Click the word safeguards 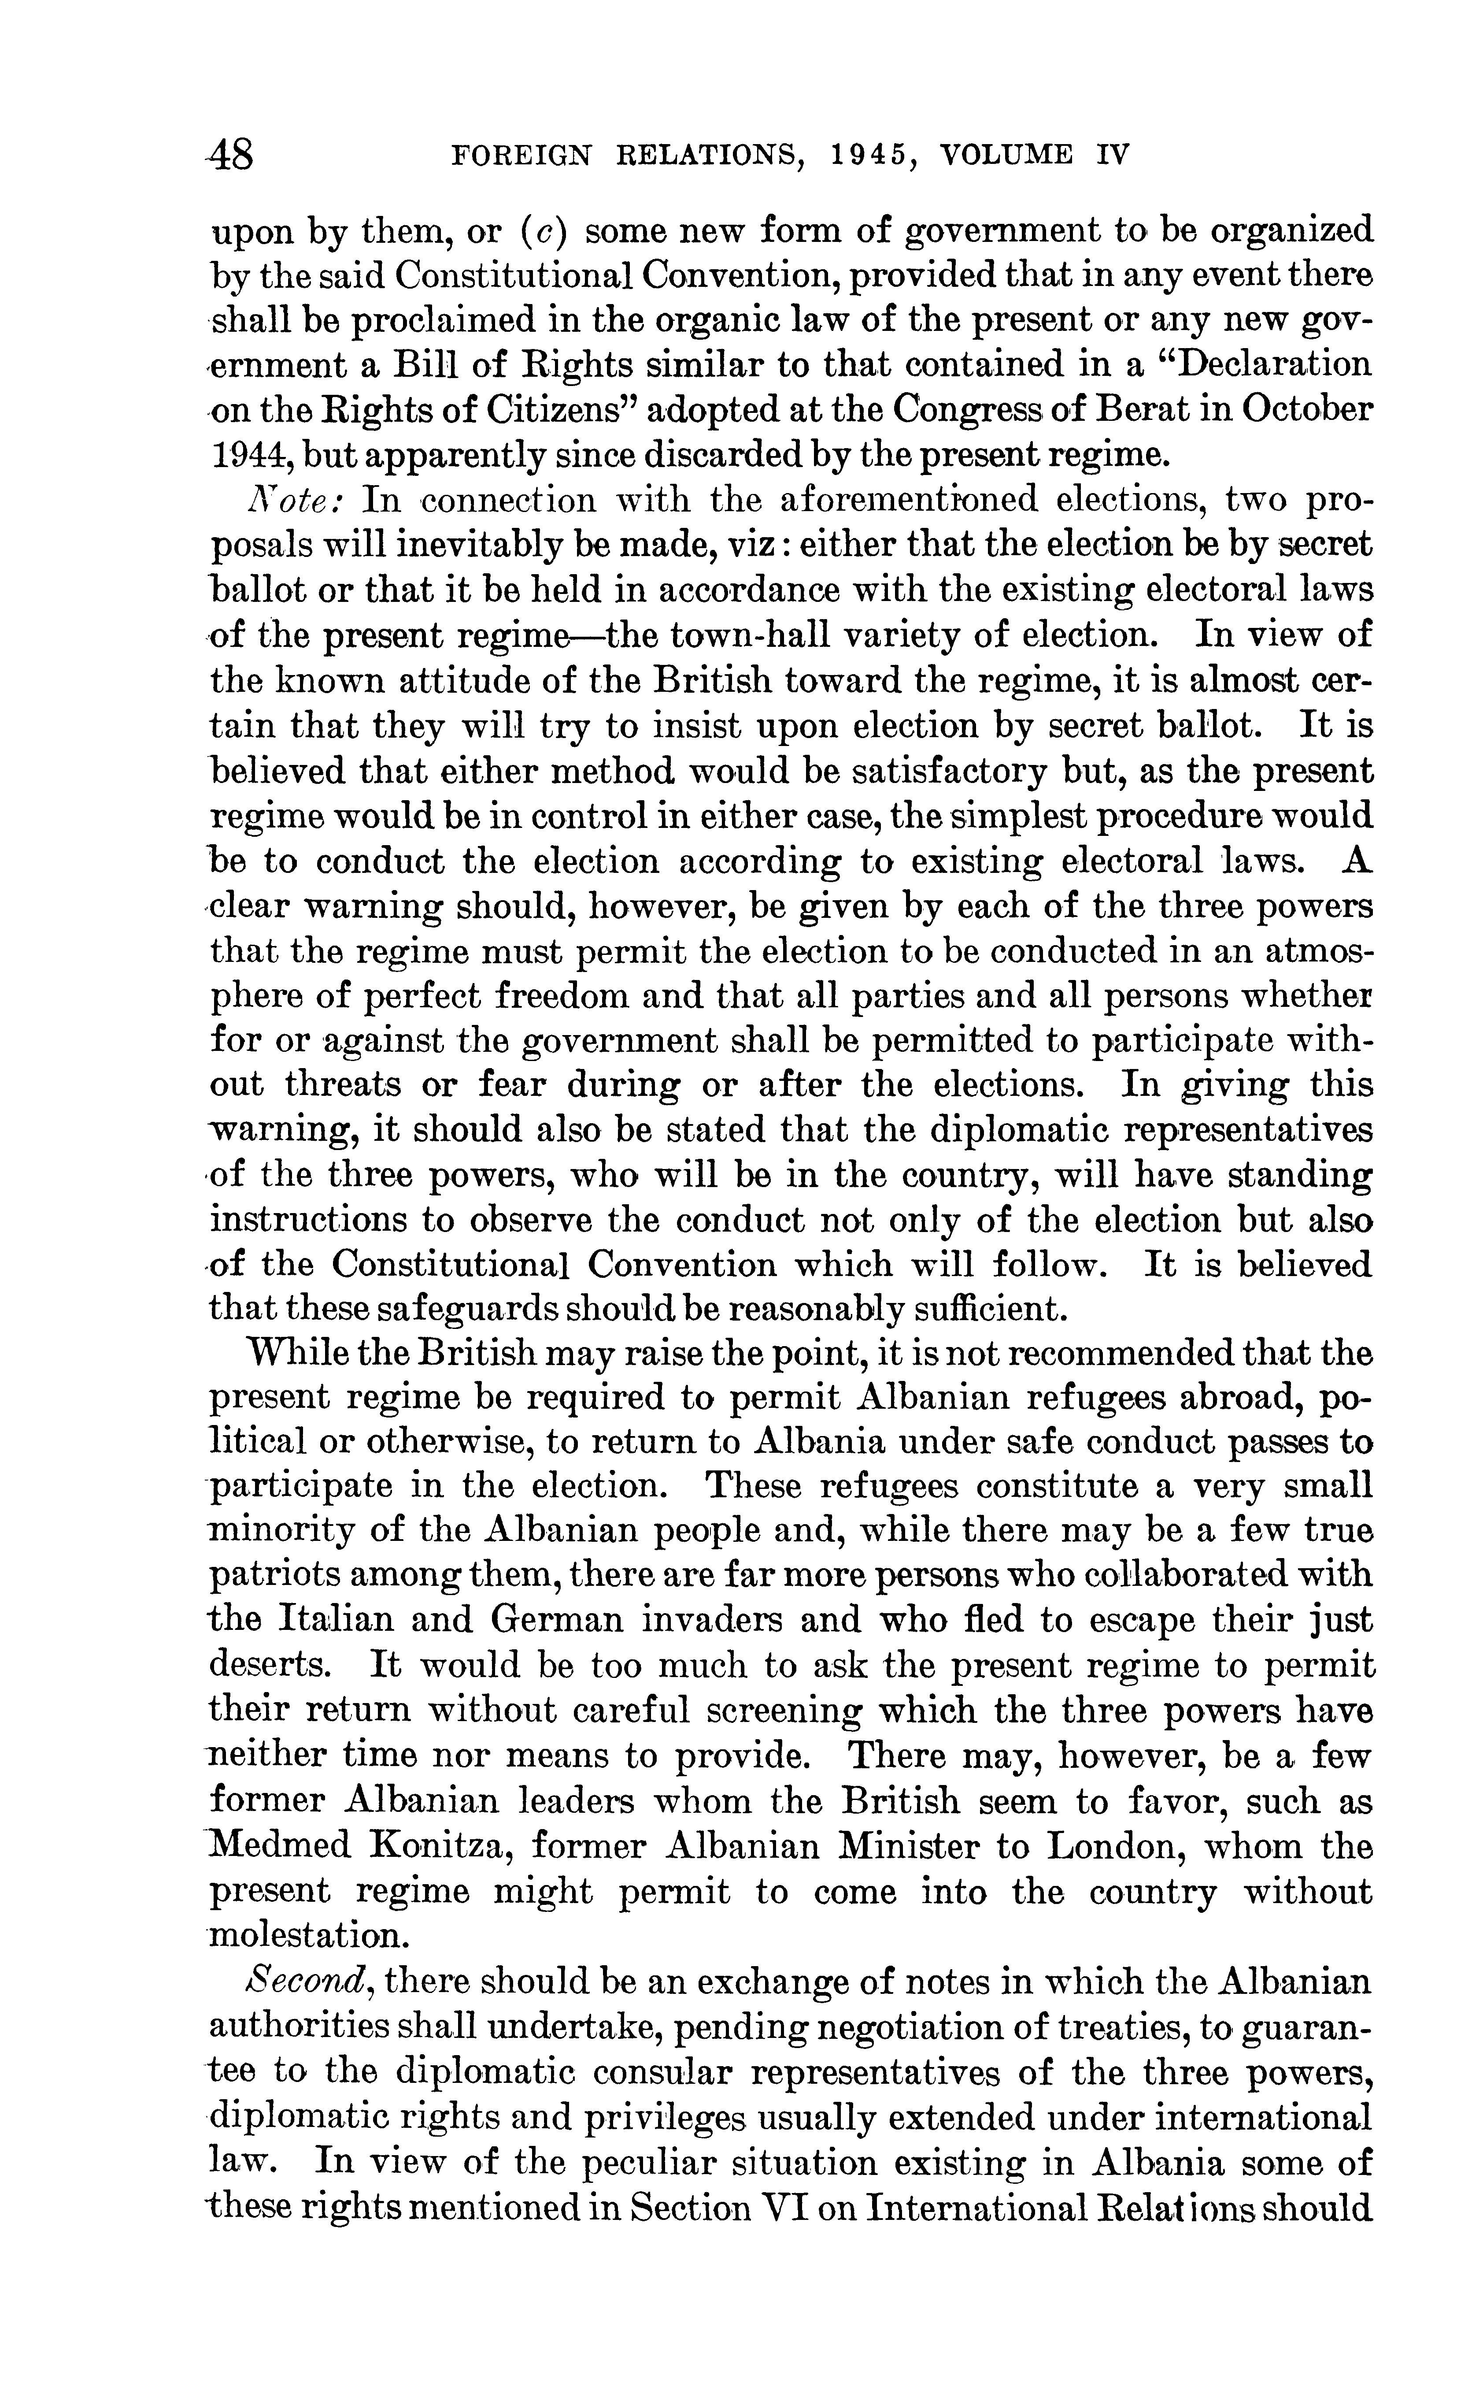tap(438, 1309)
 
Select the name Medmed tap(281, 1845)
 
